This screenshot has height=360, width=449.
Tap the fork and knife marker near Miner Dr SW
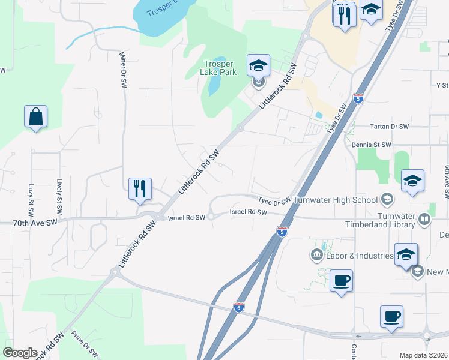(140, 188)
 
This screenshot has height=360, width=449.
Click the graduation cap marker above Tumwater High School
(412, 181)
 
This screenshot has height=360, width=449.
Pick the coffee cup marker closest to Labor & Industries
(342, 280)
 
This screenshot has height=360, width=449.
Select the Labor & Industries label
(359, 256)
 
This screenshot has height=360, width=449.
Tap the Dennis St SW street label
(372, 145)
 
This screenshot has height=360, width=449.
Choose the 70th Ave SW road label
(35, 222)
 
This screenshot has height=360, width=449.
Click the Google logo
(20, 353)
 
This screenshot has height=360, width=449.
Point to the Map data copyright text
(423, 355)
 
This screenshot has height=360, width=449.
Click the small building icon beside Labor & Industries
(316, 256)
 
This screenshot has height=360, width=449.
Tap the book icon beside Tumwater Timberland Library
(425, 220)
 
